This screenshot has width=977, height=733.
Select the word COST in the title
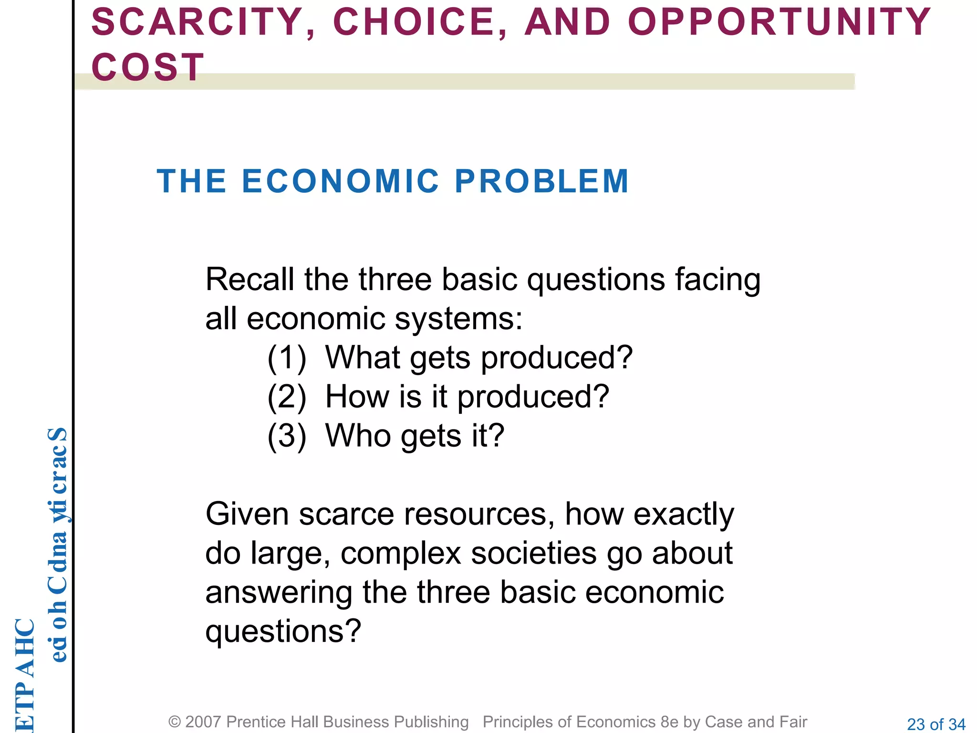(x=148, y=67)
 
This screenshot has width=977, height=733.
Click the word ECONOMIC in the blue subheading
(x=341, y=181)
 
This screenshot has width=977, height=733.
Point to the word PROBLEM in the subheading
(x=542, y=181)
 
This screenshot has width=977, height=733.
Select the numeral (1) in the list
(x=286, y=358)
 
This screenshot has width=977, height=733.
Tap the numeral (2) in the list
(x=286, y=397)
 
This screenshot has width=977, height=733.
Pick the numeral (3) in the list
(x=286, y=436)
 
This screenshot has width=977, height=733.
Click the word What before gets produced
(x=363, y=357)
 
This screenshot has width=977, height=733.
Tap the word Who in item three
(x=358, y=436)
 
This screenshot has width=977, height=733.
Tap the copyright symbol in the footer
(x=175, y=722)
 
